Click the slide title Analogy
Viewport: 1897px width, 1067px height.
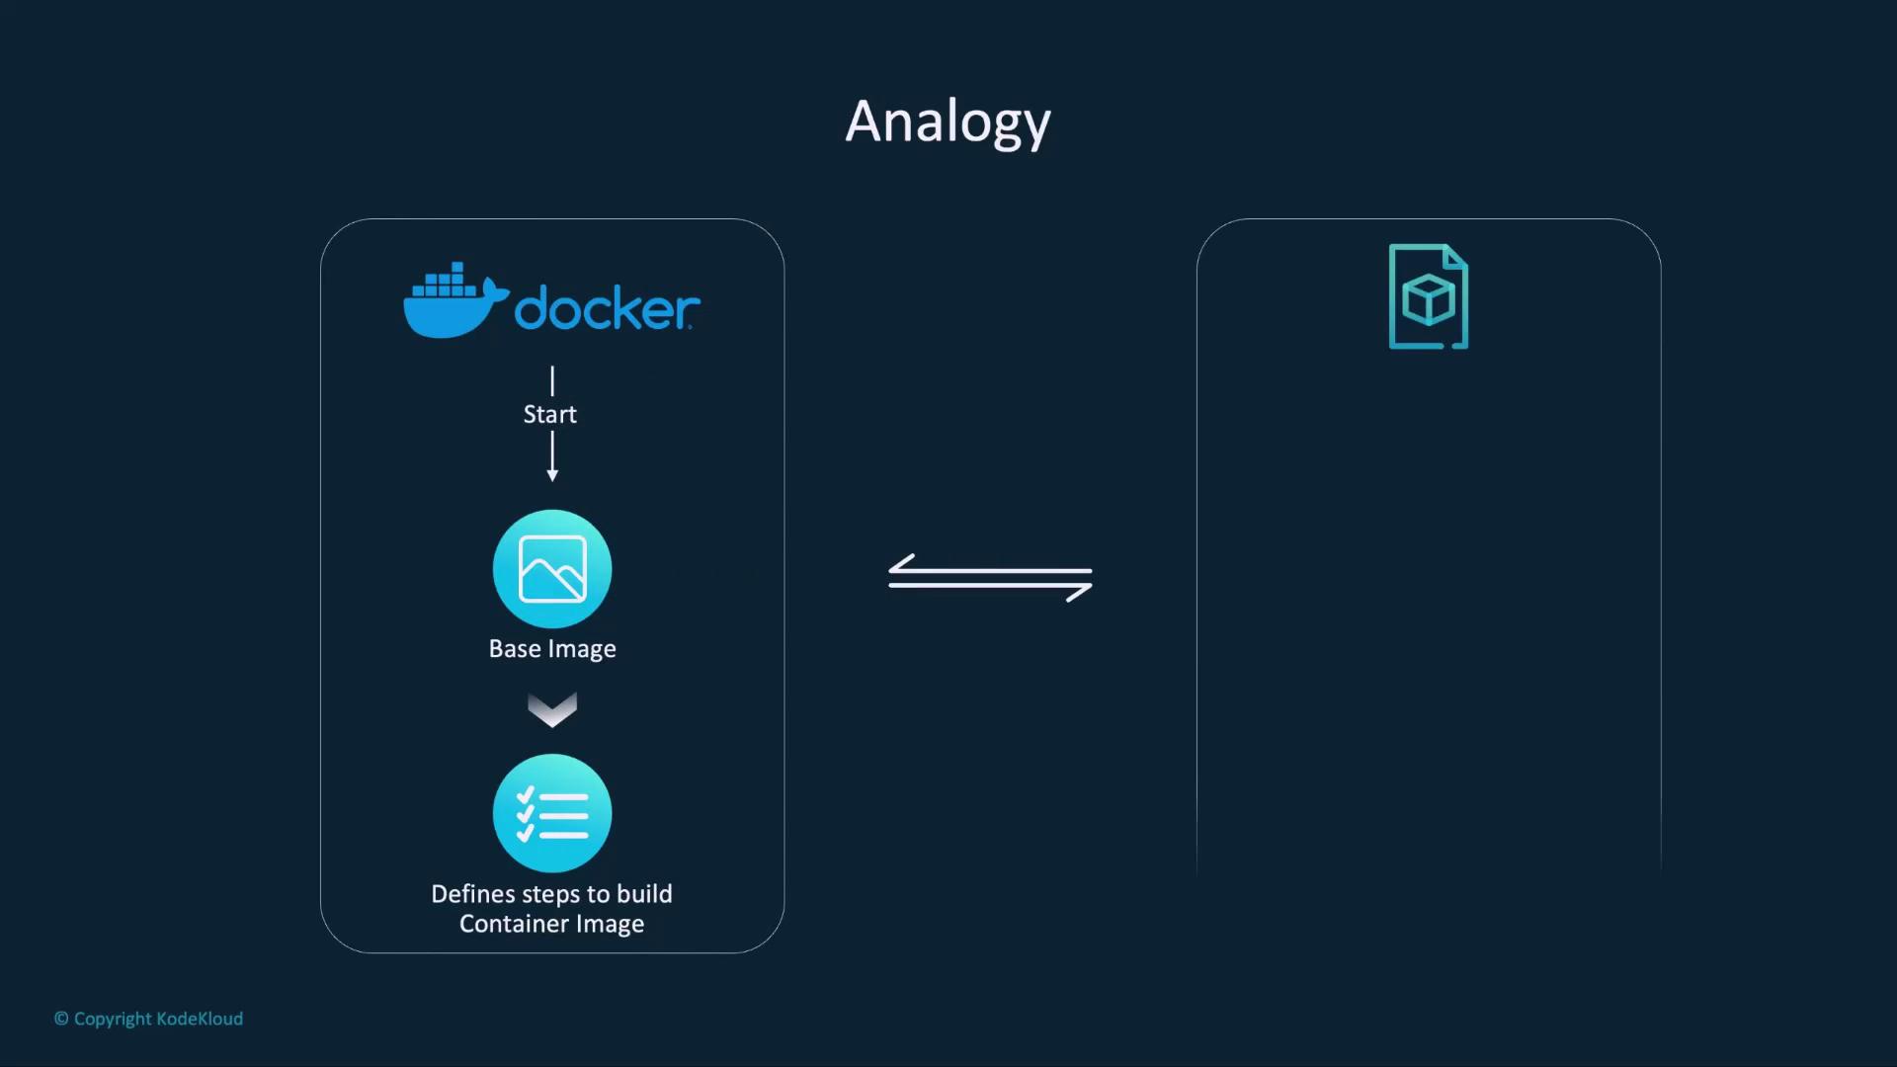[948, 123]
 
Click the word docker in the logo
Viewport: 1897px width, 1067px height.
[607, 308]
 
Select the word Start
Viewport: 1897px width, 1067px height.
[550, 415]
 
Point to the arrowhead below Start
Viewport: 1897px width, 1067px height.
[552, 475]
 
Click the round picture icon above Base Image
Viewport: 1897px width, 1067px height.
[552, 569]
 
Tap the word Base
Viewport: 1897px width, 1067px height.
[515, 649]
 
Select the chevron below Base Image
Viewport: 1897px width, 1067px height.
[552, 709]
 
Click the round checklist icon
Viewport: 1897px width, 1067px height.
[552, 813]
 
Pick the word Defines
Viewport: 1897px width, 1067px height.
[473, 894]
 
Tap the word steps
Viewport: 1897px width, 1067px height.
[550, 895]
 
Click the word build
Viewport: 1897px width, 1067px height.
[644, 894]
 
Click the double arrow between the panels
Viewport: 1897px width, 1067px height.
[990, 577]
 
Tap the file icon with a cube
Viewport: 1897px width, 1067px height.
[1429, 296]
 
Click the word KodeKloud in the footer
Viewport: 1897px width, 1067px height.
[200, 1019]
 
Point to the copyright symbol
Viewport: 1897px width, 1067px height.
[61, 1019]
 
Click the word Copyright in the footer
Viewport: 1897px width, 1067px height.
[113, 1019]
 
